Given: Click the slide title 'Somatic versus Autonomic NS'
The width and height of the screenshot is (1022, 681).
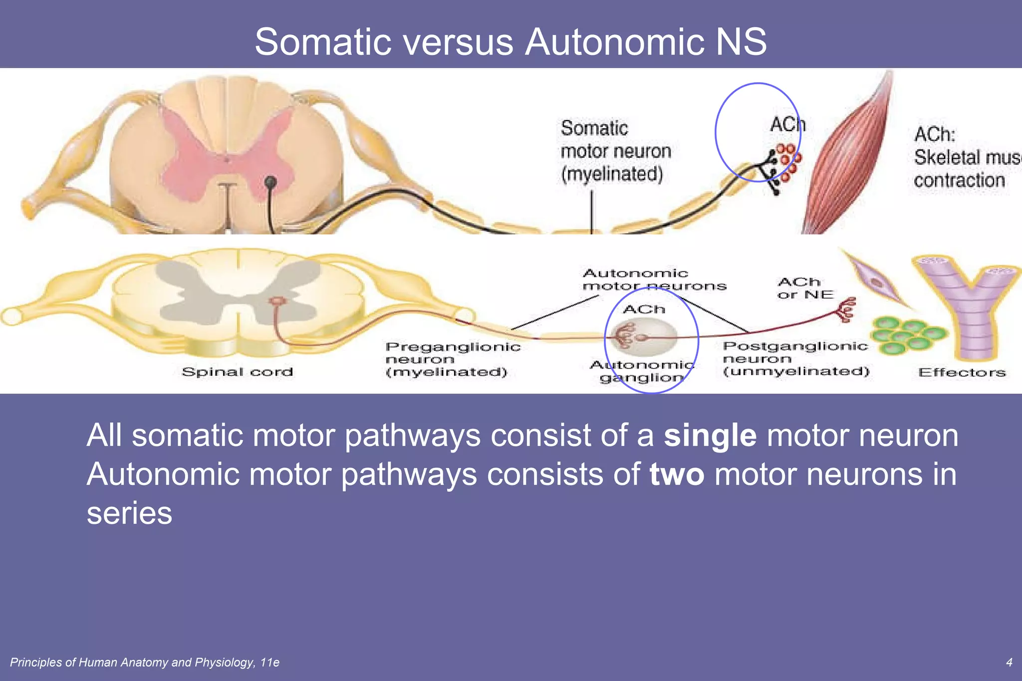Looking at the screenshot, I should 511,41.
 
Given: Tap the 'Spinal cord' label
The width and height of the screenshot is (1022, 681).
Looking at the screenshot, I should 237,372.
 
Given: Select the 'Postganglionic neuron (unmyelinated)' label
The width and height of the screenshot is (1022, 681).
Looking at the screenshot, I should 795,359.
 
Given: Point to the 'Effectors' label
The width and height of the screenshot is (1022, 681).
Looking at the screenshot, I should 962,373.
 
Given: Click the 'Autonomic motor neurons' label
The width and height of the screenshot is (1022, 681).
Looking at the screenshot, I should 654,280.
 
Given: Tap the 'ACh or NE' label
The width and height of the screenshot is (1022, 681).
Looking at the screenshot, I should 804,288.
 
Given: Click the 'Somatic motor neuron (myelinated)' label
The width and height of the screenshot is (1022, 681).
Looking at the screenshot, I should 615,151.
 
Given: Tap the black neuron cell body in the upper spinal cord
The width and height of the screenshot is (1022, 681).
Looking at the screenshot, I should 270,182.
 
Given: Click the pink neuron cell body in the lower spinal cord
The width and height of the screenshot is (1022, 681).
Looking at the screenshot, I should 276,301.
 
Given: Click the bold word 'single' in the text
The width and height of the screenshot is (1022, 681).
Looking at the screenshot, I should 710,436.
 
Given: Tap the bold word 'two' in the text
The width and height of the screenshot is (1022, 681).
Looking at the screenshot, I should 677,474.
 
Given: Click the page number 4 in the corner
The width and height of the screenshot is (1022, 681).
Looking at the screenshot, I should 1009,663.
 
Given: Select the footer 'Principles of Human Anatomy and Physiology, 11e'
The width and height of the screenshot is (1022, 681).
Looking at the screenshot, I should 145,663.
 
